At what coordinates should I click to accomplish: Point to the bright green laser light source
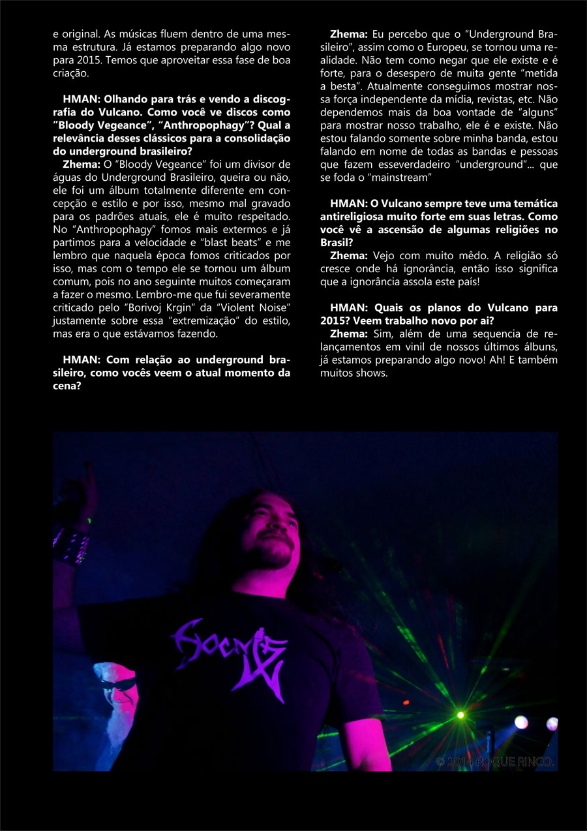pyautogui.click(x=460, y=715)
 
